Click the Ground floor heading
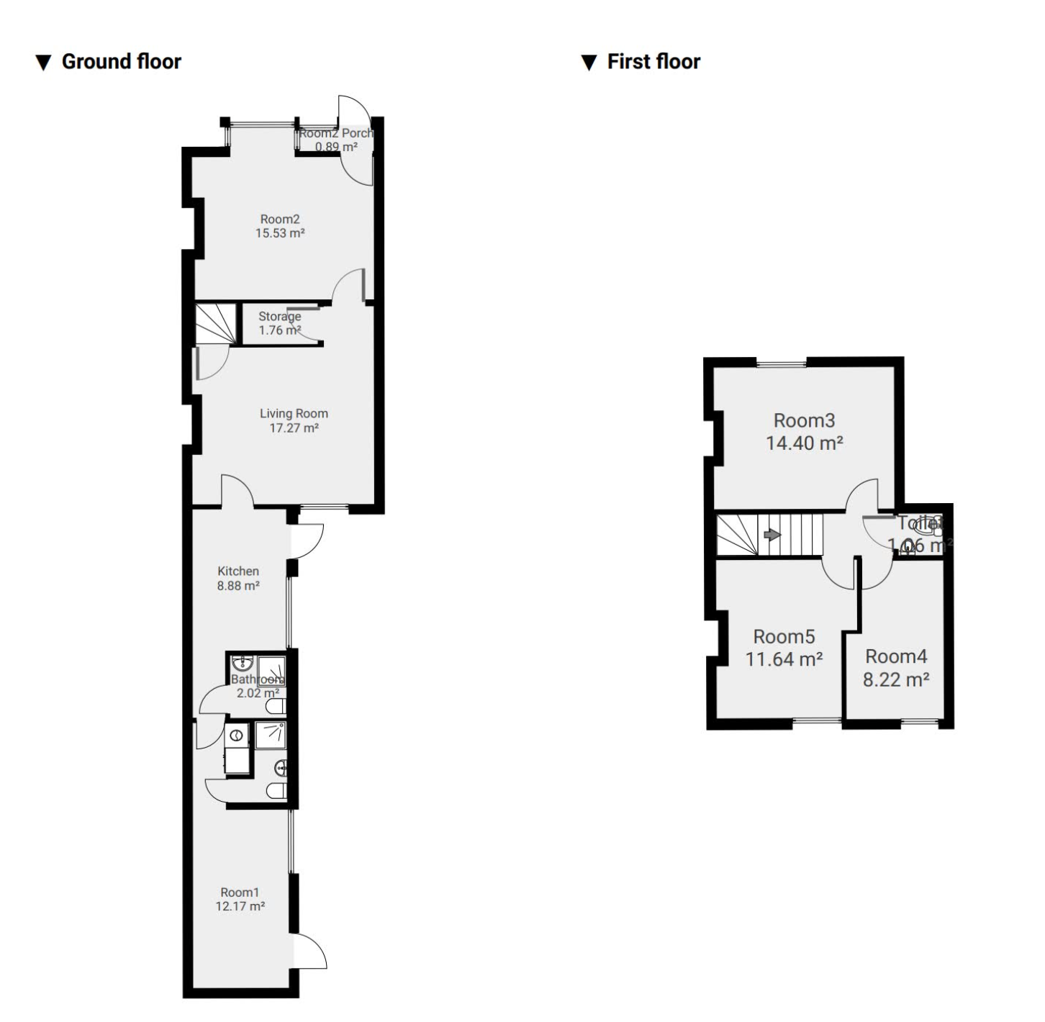(x=120, y=62)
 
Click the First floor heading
(x=653, y=62)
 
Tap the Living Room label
(x=294, y=413)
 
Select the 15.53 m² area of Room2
(x=280, y=233)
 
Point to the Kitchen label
(x=238, y=571)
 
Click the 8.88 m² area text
(x=238, y=586)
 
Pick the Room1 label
(x=240, y=892)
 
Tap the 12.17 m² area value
(x=240, y=907)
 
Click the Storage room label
(x=280, y=316)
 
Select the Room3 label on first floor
(x=804, y=420)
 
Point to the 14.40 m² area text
(x=804, y=443)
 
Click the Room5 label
(x=784, y=637)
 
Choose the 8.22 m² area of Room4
(x=896, y=679)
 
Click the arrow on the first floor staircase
(x=772, y=535)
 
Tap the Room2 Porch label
(x=336, y=133)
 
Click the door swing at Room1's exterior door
(x=311, y=951)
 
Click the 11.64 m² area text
(x=784, y=659)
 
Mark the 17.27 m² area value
(x=294, y=428)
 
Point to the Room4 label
(x=896, y=656)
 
